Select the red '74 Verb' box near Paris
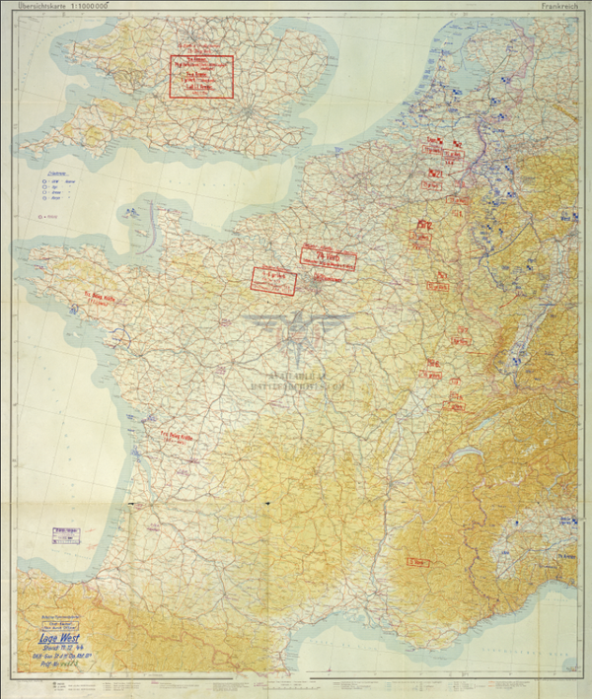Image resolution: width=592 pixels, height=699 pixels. (329, 258)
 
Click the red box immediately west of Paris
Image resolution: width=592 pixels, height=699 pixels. (273, 281)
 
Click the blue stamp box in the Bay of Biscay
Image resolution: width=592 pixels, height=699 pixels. (67, 535)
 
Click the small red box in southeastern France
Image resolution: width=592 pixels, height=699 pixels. (419, 562)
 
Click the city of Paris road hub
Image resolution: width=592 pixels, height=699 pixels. (318, 282)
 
